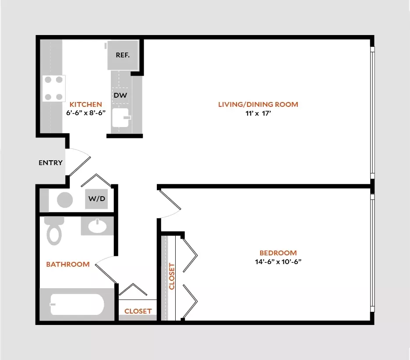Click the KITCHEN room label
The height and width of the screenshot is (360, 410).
click(x=86, y=104)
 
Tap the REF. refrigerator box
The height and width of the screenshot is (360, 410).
click(x=123, y=55)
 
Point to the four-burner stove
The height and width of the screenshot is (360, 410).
click(x=54, y=88)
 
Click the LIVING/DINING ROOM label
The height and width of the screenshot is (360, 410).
click(x=258, y=104)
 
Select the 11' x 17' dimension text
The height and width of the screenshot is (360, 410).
click(x=258, y=113)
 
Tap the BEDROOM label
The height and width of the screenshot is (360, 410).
click(x=278, y=253)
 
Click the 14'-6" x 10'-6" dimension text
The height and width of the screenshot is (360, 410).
click(x=278, y=261)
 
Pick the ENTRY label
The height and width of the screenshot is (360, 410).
click(x=50, y=162)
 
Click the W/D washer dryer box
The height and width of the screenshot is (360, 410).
click(x=97, y=199)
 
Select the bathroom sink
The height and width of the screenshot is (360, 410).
click(x=96, y=226)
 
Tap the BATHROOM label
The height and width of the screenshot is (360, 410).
click(x=68, y=264)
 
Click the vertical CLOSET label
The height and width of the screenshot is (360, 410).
click(x=172, y=276)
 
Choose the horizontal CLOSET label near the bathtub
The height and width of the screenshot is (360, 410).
click(x=138, y=311)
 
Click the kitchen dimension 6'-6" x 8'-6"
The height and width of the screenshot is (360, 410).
click(x=86, y=113)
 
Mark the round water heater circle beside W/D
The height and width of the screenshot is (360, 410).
click(x=65, y=200)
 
